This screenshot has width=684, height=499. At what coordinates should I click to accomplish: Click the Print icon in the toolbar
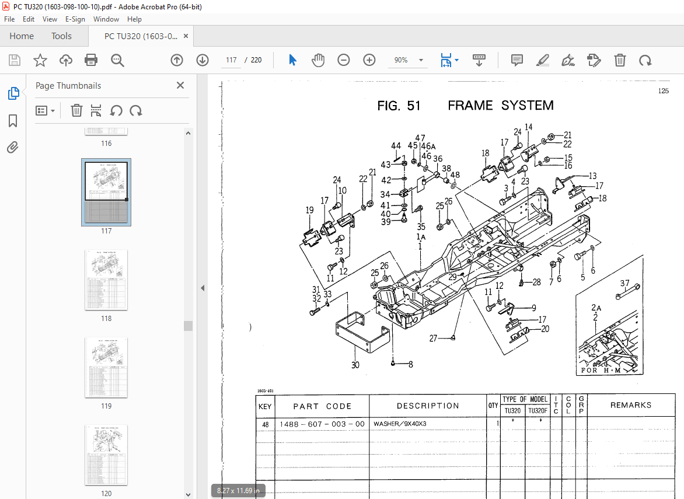point(91,60)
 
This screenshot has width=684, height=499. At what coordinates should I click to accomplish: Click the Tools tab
point(61,36)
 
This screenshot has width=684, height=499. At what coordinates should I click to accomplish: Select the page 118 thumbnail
point(106,280)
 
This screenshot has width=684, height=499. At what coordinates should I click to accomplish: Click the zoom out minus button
point(344,60)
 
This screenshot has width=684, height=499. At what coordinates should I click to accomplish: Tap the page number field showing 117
point(231,60)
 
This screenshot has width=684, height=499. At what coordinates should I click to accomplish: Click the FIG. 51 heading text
point(399,106)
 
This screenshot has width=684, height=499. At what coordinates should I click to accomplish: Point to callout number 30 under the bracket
point(355,365)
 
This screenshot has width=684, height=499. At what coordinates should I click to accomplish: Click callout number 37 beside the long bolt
point(625,284)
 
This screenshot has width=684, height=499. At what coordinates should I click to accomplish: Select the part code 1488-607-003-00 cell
point(322,424)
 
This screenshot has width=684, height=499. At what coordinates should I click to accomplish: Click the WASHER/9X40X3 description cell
point(400,424)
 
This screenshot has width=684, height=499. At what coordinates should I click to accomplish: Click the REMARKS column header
point(630,405)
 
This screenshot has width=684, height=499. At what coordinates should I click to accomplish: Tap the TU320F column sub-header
point(538,411)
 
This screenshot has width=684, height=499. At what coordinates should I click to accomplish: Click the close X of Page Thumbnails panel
point(180,86)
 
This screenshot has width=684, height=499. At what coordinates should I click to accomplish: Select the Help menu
point(134,19)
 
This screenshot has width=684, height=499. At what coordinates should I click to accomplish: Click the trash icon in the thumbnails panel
point(76,110)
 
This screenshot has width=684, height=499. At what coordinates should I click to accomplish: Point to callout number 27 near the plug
point(433,339)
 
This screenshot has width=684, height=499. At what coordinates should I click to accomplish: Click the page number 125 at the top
point(663,90)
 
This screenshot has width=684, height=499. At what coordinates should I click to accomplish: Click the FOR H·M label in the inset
point(601,371)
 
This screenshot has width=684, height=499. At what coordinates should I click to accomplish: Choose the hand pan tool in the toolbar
point(317,60)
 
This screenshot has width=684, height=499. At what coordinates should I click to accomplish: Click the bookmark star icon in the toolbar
point(40,60)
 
